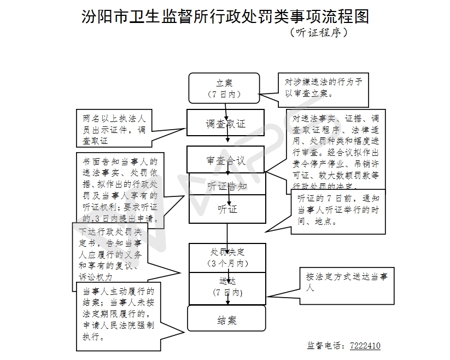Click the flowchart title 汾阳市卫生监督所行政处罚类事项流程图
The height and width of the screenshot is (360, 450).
coord(225,16)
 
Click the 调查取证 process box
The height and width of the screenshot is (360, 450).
coord(225,123)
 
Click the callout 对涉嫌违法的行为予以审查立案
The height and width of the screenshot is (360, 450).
coord(323,88)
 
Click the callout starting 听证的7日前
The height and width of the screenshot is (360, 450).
coord(338,210)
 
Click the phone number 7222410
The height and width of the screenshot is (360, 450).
coord(365,346)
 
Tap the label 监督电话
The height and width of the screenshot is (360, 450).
coord(326,346)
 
